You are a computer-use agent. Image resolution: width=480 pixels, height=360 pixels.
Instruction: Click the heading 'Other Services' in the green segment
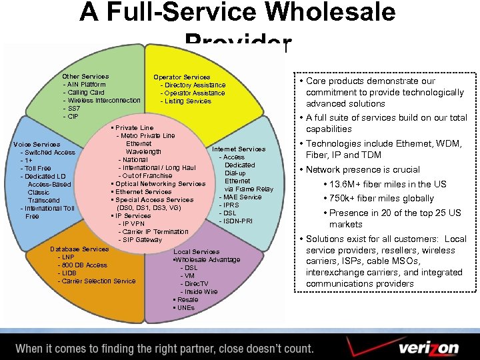click(x=85, y=77)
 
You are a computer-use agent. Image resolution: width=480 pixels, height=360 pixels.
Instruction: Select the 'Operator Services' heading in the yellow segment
click(x=181, y=77)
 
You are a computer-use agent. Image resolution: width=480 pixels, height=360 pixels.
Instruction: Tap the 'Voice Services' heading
click(x=37, y=145)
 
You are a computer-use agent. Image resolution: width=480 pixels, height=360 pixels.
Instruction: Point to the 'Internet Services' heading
click(x=238, y=149)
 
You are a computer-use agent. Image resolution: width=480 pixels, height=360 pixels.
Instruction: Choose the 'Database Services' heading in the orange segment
click(x=79, y=249)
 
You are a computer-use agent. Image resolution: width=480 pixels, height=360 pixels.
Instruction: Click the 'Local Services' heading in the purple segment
click(x=196, y=252)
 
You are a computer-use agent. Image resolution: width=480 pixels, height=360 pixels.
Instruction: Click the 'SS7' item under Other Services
click(x=72, y=109)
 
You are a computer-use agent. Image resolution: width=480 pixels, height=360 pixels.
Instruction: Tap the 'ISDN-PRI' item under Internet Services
click(x=238, y=221)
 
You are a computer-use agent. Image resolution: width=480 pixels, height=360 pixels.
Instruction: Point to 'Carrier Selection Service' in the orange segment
click(x=97, y=281)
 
